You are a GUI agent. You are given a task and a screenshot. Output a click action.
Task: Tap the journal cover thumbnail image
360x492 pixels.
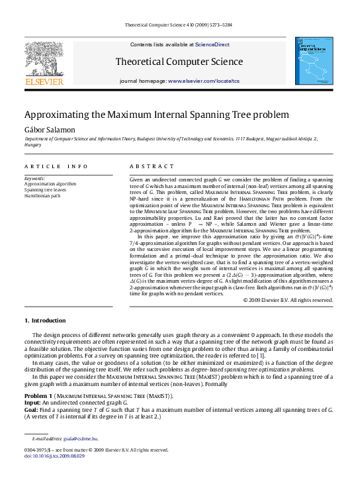tap(314, 61)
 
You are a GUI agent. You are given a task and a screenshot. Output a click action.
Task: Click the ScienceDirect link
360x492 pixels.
tap(212, 44)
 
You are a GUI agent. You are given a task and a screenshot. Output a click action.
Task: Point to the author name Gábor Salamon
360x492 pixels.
tap(47, 129)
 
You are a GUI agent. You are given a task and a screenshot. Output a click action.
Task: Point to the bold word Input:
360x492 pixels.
tap(32, 403)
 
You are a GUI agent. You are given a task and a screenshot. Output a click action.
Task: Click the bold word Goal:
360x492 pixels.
tap(32, 410)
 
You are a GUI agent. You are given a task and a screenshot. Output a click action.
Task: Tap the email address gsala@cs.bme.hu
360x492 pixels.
tap(81, 438)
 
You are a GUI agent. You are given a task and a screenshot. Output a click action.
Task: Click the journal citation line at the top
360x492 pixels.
tap(179, 26)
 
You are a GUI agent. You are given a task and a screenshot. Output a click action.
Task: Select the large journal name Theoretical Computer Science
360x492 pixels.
tap(179, 62)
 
